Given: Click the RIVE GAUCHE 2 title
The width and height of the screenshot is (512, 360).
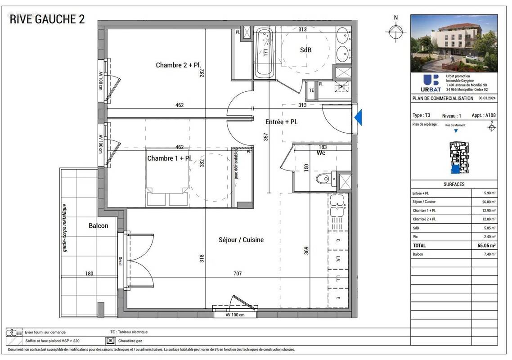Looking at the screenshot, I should pos(47,19).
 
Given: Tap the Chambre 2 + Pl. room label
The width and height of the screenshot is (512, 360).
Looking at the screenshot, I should pos(177,65).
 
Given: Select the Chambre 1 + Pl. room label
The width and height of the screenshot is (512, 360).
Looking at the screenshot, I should pos(170,158).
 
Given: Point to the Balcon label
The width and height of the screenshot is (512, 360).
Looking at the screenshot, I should pos(98,225).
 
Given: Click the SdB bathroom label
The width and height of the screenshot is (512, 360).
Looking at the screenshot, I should pos(305,50).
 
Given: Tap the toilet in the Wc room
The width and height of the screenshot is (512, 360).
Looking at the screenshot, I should pos(323,180).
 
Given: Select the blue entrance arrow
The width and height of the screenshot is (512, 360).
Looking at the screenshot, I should pos(359,118).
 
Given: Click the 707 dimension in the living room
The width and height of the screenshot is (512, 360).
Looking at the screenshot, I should pos(237,274).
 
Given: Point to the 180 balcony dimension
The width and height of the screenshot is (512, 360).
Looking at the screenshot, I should pos(89,274).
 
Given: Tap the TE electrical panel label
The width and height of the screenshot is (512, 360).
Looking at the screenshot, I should pos(311,90).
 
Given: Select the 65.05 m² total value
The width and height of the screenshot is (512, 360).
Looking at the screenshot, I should pos(486,246).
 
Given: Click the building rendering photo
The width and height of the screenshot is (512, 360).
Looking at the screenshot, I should pos(454,44).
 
